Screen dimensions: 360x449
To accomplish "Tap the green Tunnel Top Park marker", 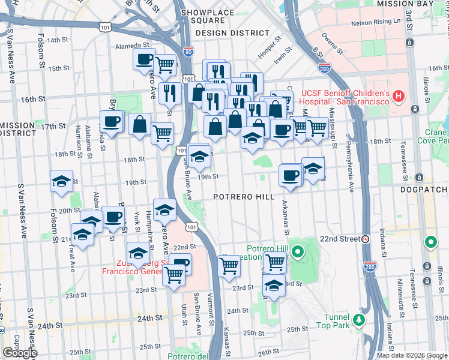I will [x=359, y=319].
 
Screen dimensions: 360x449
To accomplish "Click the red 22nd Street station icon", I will [x=365, y=239].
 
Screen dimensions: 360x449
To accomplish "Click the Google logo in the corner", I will [x=20, y=353].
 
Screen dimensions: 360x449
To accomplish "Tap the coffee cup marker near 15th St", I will [x=144, y=59].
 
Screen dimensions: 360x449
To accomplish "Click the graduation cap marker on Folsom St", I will [x=61, y=181].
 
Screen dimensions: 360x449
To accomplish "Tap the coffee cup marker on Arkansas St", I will [x=291, y=175].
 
